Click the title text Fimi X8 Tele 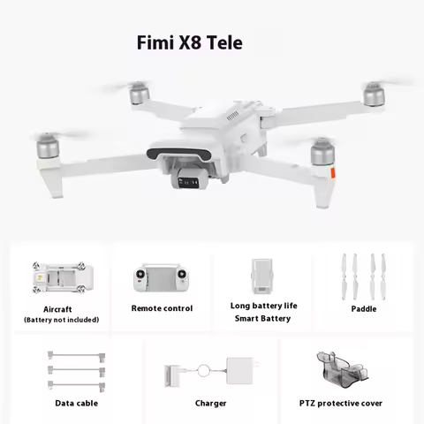pyautogui.click(x=188, y=42)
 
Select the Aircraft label pyautogui.click(x=57, y=309)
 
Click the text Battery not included pyautogui.click(x=61, y=320)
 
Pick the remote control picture pyautogui.click(x=162, y=279)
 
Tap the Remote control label pyautogui.click(x=162, y=308)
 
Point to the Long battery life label pyautogui.click(x=264, y=306)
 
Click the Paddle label pyautogui.click(x=363, y=308)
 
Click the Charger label pyautogui.click(x=211, y=403)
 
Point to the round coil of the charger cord pyautogui.click(x=202, y=372)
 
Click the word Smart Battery pyautogui.click(x=262, y=318)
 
